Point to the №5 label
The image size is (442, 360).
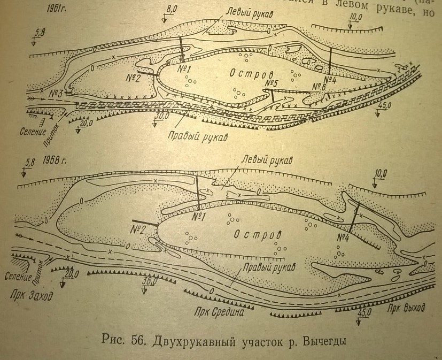272,83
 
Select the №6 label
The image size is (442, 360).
320,86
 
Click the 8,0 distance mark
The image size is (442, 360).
172,9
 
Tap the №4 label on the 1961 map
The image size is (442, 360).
329,81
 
